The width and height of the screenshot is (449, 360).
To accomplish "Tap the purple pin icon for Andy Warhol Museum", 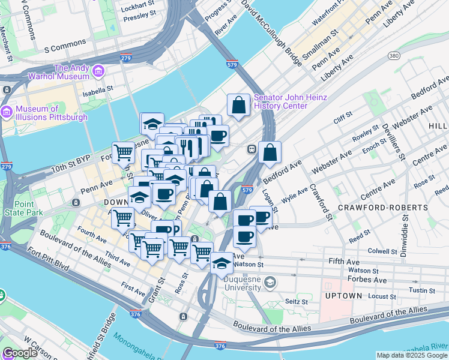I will pos(99,72).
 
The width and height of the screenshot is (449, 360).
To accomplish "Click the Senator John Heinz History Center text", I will pos(290,101).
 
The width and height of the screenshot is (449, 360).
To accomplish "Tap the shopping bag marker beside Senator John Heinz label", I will pos(239,106).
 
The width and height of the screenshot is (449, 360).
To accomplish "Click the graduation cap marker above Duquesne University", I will pos(221,263).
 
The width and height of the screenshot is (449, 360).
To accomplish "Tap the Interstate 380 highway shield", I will pos(394,56).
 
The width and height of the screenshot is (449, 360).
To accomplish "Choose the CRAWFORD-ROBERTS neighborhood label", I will pos(383,207).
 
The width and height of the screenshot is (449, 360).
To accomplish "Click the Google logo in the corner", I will pos(20,352).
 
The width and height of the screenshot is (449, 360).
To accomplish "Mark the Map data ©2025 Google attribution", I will pos(411,355).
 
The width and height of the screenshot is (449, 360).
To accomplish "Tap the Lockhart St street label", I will pos(137,8).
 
